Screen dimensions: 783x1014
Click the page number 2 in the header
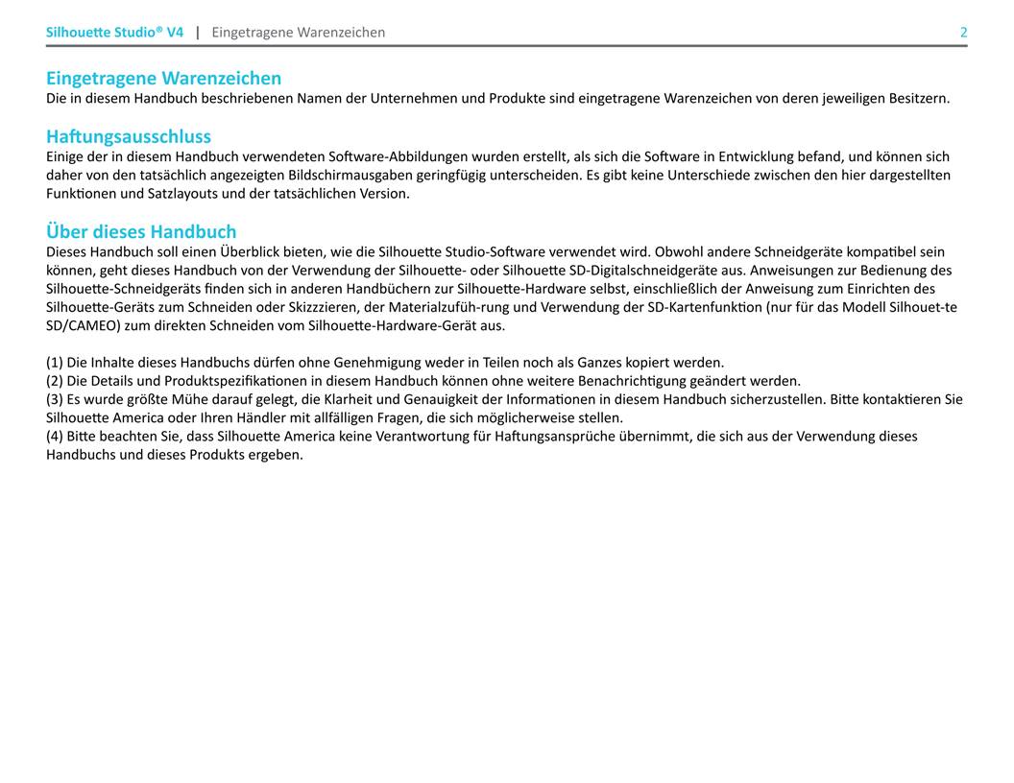point(963,33)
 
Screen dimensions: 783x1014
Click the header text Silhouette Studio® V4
point(114,33)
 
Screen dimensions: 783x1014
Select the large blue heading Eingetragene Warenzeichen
point(163,78)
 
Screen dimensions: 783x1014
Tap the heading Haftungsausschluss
point(129,136)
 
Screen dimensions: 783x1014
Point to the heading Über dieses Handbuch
point(141,231)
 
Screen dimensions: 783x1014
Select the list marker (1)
point(55,363)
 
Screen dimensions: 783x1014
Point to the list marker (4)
point(55,436)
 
